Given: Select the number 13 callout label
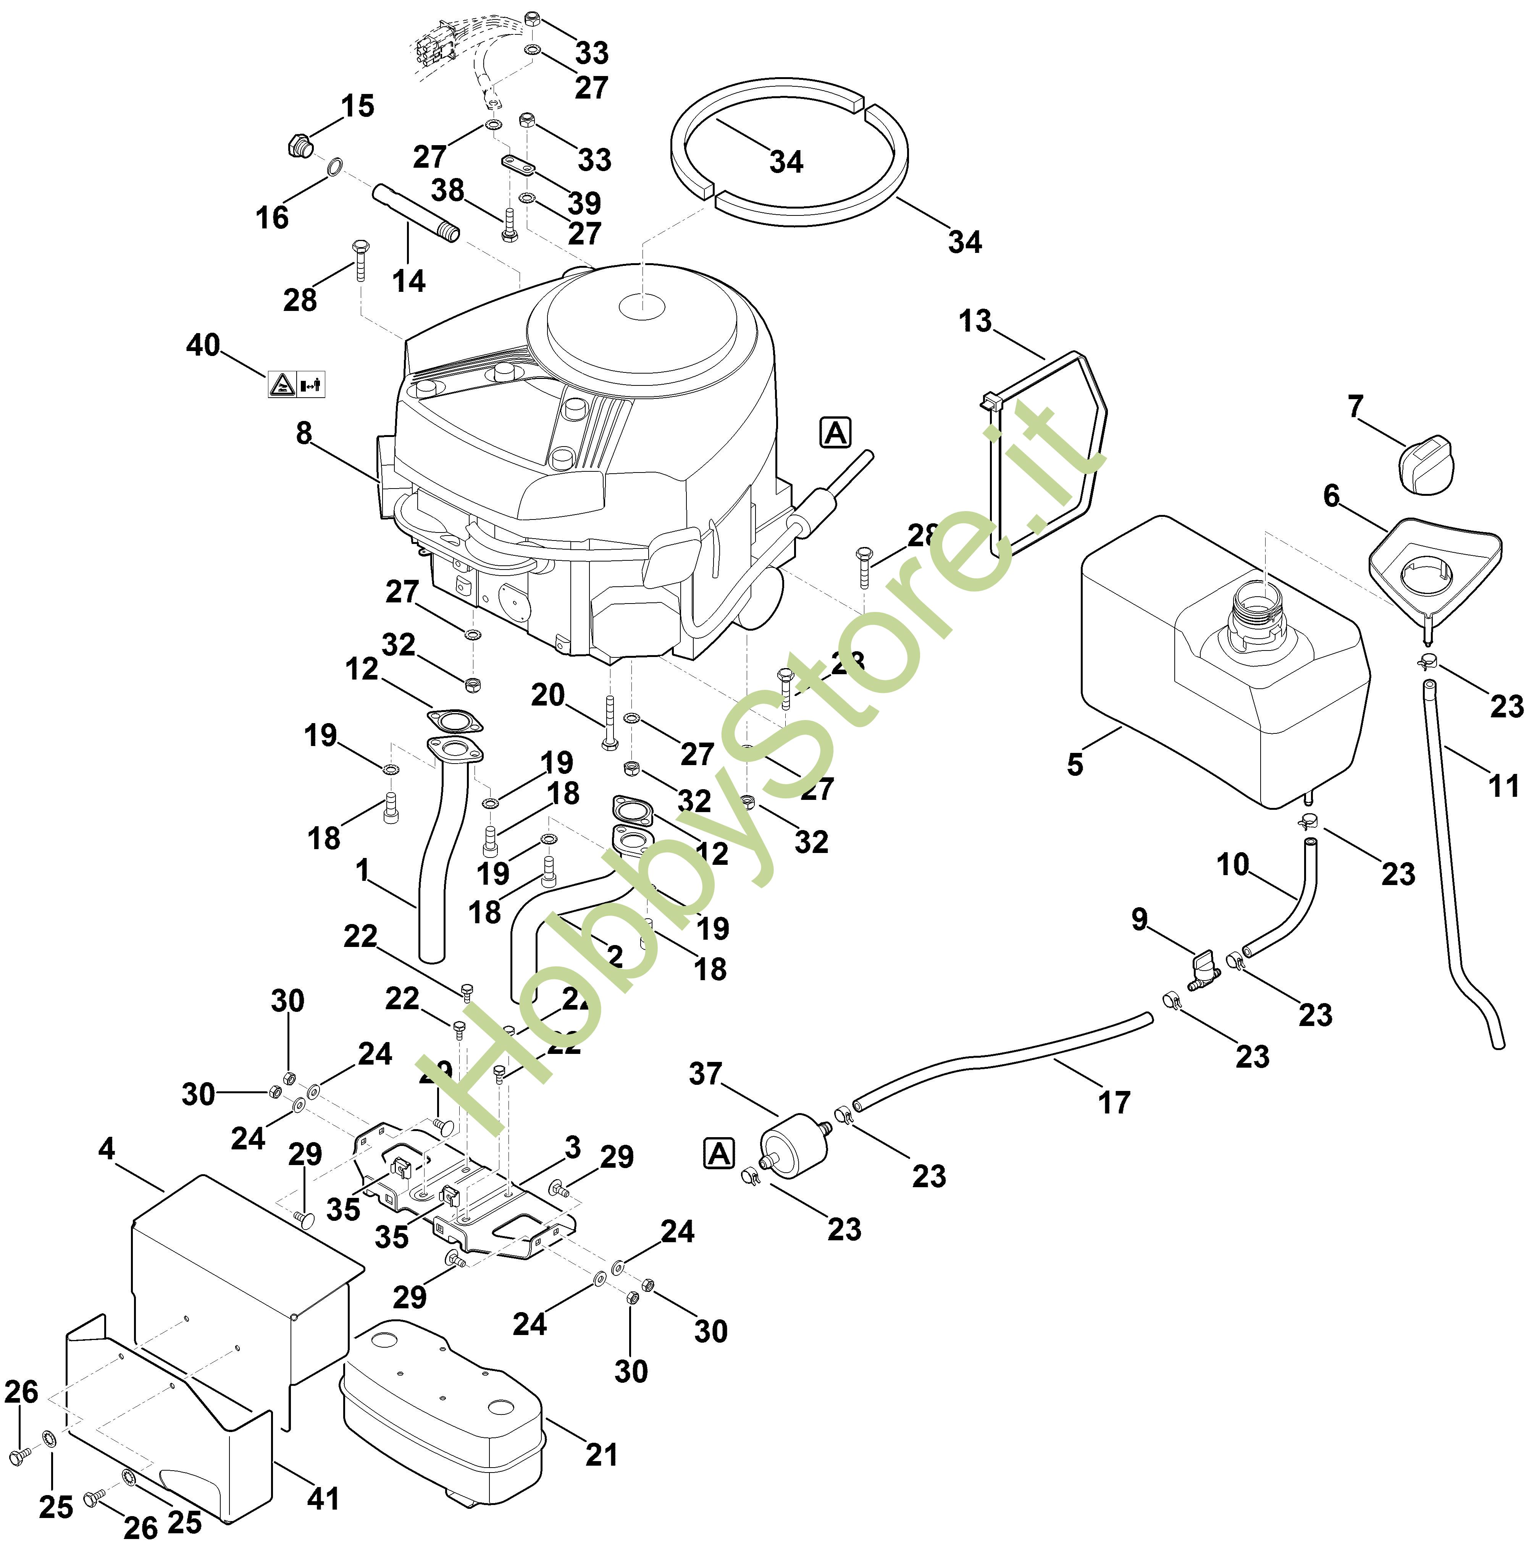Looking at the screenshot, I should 976,321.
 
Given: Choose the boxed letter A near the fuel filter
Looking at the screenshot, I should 719,1154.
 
